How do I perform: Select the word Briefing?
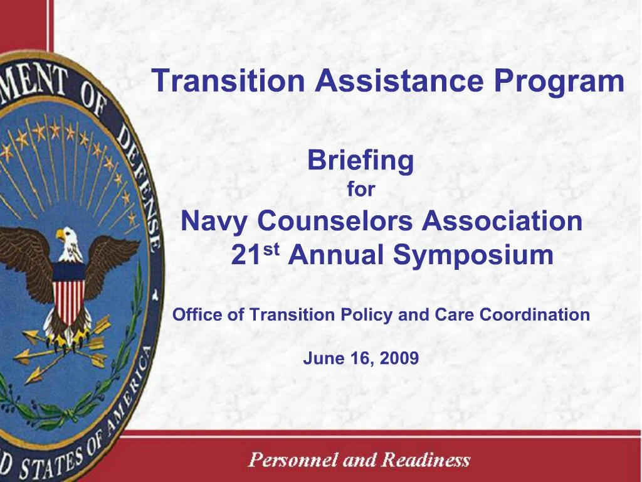[x=360, y=161]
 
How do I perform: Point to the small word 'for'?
[x=360, y=190]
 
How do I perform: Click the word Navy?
[x=215, y=222]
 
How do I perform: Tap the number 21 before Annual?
[x=245, y=256]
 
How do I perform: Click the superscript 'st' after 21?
[x=270, y=250]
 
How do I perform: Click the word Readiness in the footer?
[x=426, y=460]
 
